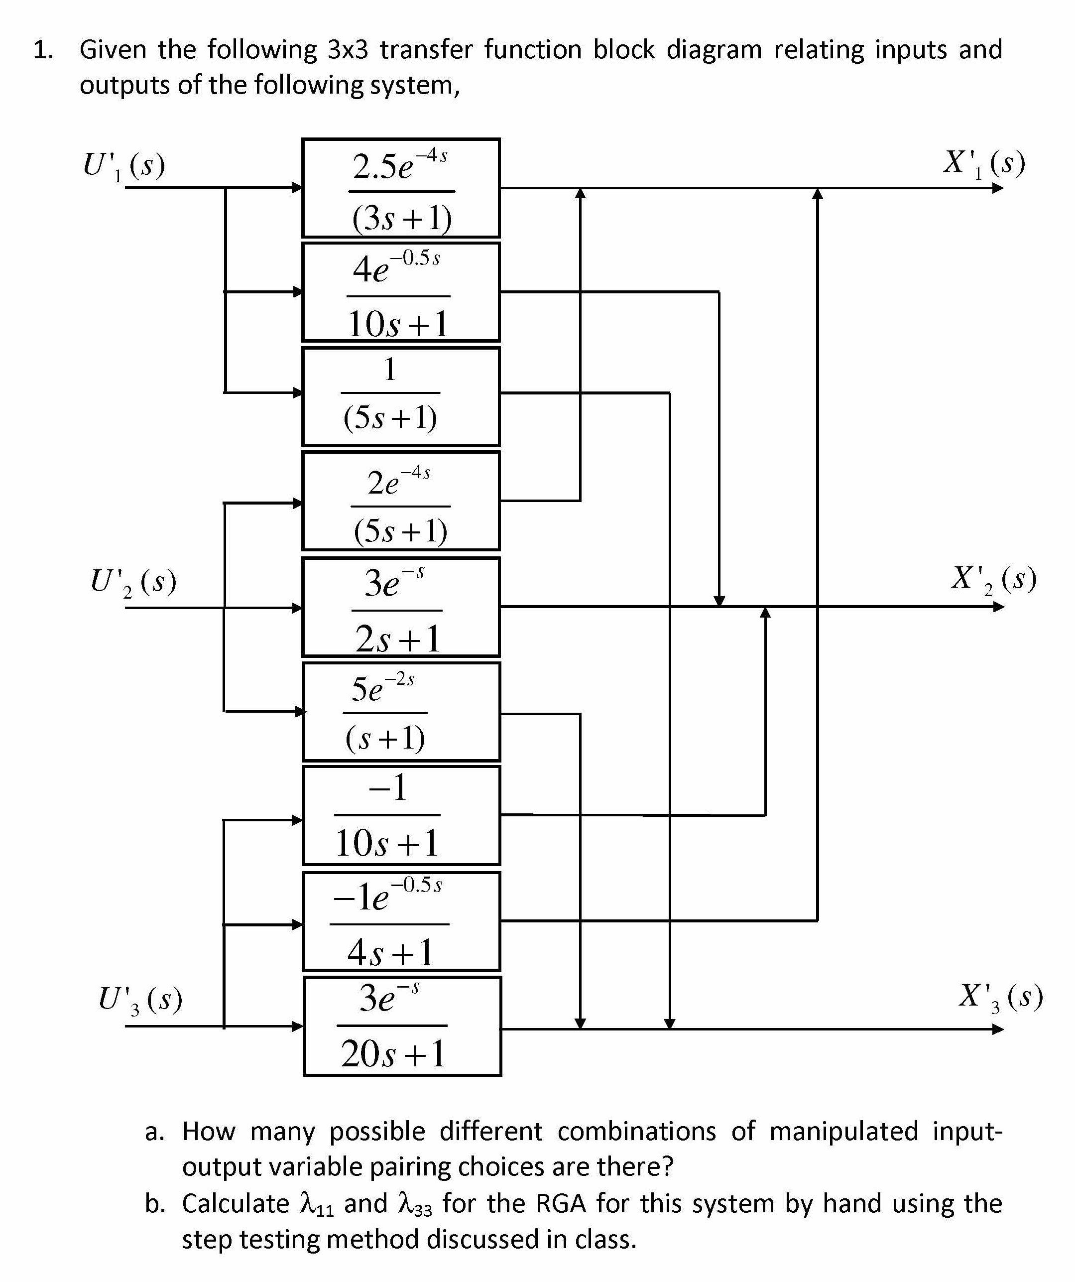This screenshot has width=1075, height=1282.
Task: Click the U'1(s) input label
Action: [124, 165]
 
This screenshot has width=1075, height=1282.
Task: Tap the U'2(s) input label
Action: [133, 582]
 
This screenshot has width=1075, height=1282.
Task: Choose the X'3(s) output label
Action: [1000, 997]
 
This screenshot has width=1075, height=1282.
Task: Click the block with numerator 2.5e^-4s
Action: [401, 188]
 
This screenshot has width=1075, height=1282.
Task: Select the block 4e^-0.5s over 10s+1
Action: [401, 292]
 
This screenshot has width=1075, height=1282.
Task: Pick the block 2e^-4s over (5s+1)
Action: [401, 501]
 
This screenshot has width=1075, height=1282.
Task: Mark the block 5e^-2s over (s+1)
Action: [401, 712]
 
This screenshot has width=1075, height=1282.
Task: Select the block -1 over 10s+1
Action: [401, 816]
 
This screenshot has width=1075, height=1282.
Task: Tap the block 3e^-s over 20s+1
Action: [402, 1026]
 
